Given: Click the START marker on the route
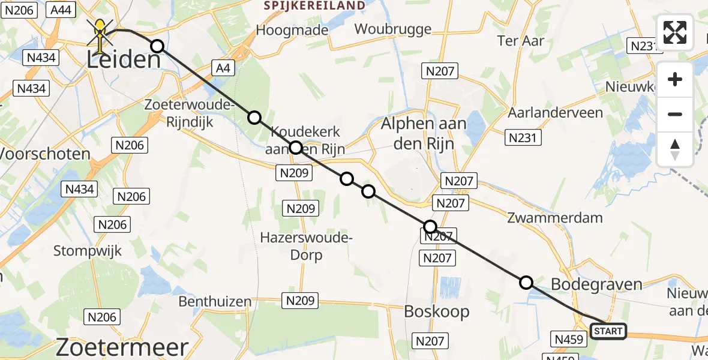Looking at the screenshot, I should coord(608,331).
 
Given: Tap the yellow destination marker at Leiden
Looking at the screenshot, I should coord(100,32).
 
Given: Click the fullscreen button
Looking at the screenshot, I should coord(675,32).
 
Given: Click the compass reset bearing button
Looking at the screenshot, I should coord(675,149).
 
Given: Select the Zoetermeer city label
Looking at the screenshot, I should coord(122,347).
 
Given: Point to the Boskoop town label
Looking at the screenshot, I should coord(436,311).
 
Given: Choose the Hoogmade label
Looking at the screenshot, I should coord(292,30).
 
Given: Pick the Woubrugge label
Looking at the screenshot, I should coord(393,29).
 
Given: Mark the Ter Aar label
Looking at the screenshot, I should coord(521,41).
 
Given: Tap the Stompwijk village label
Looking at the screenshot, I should coord(88,250).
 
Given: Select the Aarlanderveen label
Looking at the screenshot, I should coord(550,113).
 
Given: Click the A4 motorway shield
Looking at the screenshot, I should coord(223,68).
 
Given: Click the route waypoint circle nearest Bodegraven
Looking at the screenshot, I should coord(526,283).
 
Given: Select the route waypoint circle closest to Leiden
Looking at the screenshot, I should coord(157,46).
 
